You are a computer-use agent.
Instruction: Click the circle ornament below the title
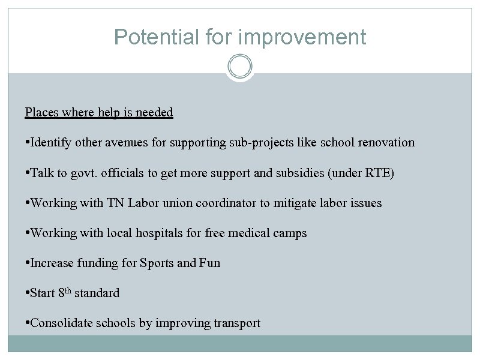point(240,66)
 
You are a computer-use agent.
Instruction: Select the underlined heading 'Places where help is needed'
point(99,112)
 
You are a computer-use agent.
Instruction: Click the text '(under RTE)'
point(377,173)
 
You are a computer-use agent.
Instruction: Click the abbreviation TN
point(116,203)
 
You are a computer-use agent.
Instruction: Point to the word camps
point(289,233)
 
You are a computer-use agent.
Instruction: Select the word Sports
point(157,263)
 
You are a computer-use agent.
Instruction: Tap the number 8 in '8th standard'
point(61,293)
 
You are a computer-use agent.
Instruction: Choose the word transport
point(237,323)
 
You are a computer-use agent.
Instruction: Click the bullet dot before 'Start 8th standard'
point(27,293)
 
